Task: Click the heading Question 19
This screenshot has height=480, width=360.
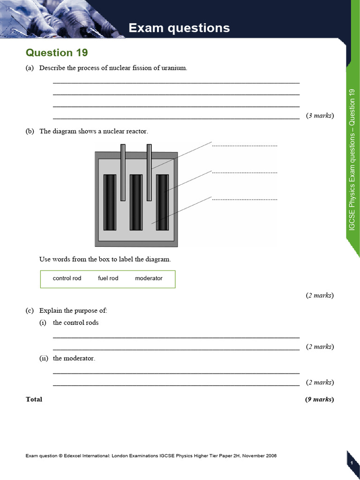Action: coord(57,52)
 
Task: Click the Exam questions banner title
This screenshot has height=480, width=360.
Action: coord(179,28)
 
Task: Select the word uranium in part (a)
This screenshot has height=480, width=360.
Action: coord(174,68)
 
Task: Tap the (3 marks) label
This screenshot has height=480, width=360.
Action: coord(320,115)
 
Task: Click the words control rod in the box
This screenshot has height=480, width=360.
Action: coord(67,278)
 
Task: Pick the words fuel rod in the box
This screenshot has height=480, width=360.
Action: coord(108,278)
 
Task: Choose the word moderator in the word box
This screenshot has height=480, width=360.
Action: coord(149,278)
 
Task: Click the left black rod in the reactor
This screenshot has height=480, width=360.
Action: coord(110,202)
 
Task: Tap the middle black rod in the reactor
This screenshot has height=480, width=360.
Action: coord(136,202)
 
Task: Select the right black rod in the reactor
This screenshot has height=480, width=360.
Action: coord(162,202)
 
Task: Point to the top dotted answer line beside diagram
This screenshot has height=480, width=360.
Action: coord(245,146)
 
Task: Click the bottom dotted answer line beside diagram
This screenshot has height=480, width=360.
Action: coord(245,199)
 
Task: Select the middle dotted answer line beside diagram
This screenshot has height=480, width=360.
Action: coord(245,172)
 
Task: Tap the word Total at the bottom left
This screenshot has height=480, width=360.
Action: coord(34,399)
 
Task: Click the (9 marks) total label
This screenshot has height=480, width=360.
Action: coord(319,399)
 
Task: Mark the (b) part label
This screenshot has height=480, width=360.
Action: coord(30,131)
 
